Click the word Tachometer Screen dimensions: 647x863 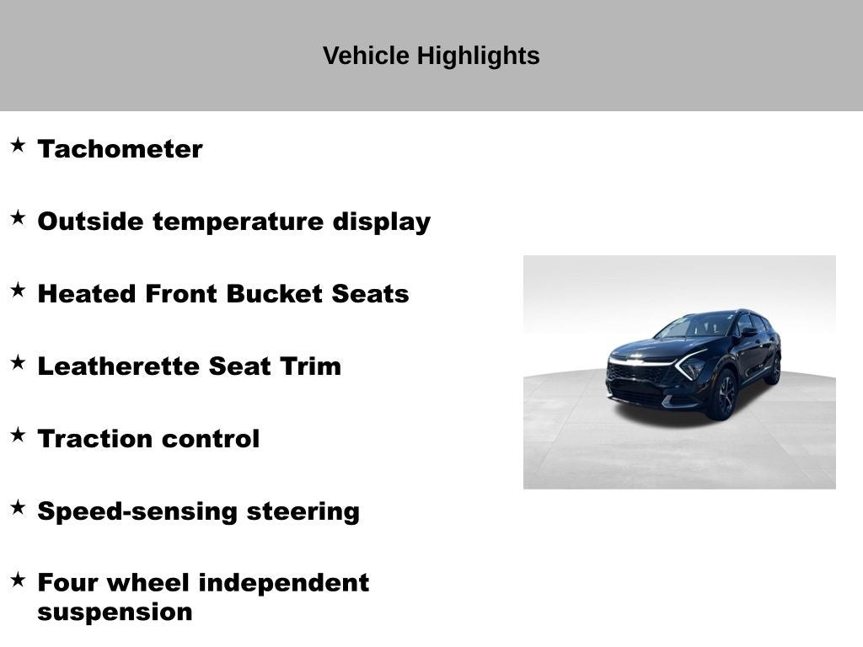120,149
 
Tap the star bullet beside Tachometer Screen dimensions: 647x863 18,145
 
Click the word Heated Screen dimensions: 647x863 88,294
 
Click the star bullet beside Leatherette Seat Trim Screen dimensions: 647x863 18,362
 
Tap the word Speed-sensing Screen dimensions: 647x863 138,511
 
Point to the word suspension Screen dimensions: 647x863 115,612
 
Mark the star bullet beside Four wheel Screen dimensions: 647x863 18,579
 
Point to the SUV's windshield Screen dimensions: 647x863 699,325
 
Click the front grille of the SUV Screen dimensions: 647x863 638,372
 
